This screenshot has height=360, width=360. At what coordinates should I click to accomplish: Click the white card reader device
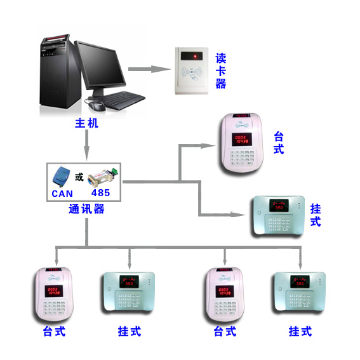193,71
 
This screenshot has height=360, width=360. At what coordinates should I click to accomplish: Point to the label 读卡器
220,70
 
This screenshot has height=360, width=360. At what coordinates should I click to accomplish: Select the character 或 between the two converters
79,175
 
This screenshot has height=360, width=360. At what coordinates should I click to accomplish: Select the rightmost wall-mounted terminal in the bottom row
298,294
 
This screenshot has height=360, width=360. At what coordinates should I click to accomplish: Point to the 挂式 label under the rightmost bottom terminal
300,331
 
